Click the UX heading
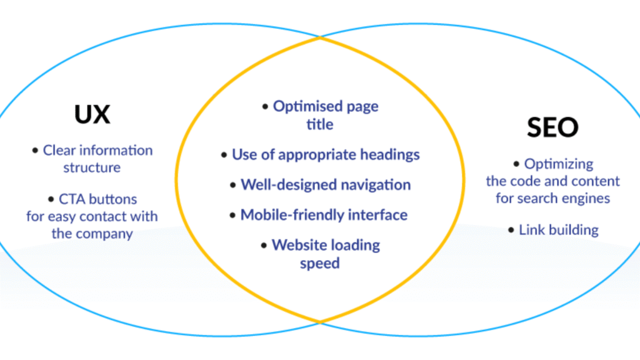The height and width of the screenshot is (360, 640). pyautogui.click(x=92, y=114)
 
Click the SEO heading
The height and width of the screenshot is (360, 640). pyautogui.click(x=552, y=127)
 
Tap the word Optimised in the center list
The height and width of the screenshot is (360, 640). pyautogui.click(x=307, y=106)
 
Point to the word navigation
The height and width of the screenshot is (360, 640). pyautogui.click(x=376, y=185)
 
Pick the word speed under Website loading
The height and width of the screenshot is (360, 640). pyautogui.click(x=319, y=264)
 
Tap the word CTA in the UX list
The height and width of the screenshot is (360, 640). pyautogui.click(x=72, y=199)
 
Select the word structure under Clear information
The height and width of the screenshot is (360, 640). pyautogui.click(x=92, y=167)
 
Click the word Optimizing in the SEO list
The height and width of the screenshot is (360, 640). pyautogui.click(x=559, y=164)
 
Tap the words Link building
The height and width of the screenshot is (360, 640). pyautogui.click(x=559, y=230)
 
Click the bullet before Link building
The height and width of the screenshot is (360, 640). pyautogui.click(x=511, y=230)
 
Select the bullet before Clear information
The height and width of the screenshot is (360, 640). pyautogui.click(x=35, y=151)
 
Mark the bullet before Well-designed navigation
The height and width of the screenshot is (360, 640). pyautogui.click(x=232, y=185)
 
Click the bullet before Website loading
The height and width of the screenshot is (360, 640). pyautogui.click(x=264, y=245)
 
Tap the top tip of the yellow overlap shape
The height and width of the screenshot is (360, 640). pyautogui.click(x=320, y=37)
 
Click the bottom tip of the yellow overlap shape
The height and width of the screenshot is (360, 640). pyautogui.click(x=320, y=322)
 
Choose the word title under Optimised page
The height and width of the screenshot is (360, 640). pyautogui.click(x=319, y=124)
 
